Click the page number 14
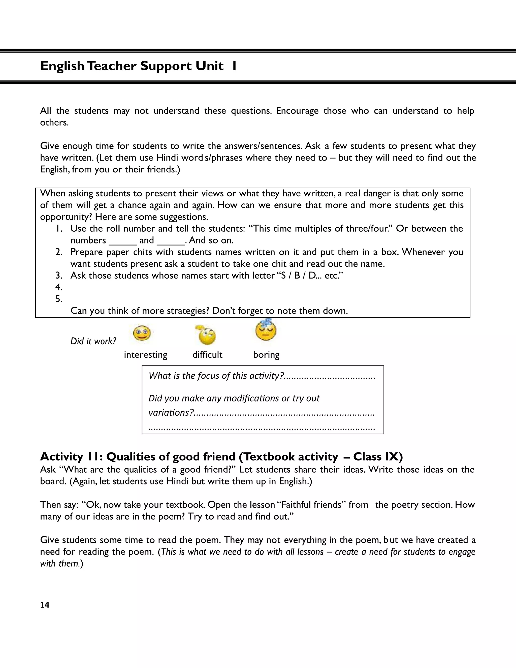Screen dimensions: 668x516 (45, 605)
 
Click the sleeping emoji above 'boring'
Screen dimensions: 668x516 (266, 330)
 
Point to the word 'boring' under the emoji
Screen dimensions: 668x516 (266, 355)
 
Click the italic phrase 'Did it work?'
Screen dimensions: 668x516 (93, 341)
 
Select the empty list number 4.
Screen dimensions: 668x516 (59, 287)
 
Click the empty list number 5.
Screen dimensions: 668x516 (59, 299)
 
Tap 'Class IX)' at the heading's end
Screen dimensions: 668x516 (378, 457)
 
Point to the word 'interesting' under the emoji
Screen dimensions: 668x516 (146, 355)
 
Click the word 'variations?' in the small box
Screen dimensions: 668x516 (171, 413)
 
